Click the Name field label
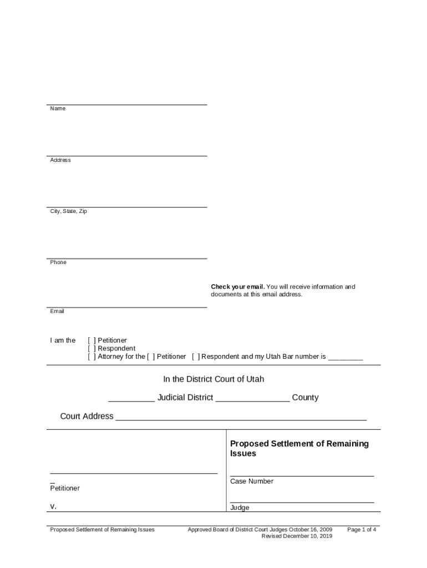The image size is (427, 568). coord(58,109)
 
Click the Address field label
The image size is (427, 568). coord(60,160)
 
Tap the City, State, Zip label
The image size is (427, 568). coord(68,211)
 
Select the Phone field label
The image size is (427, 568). coord(58,262)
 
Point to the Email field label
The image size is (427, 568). coord(57,311)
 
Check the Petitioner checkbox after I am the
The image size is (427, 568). coord(91,341)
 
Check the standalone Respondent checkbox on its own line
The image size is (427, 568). coord(91,349)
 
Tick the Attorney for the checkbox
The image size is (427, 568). coord(91,357)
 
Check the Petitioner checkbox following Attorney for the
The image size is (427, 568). coord(151,357)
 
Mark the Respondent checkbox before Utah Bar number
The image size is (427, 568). coord(196,357)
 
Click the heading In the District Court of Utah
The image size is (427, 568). coord(213,379)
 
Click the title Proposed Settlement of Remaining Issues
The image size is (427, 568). coord(299,448)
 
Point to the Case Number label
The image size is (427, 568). coord(251,481)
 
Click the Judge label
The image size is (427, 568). coord(240,508)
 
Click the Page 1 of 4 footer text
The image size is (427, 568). coord(362,530)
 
